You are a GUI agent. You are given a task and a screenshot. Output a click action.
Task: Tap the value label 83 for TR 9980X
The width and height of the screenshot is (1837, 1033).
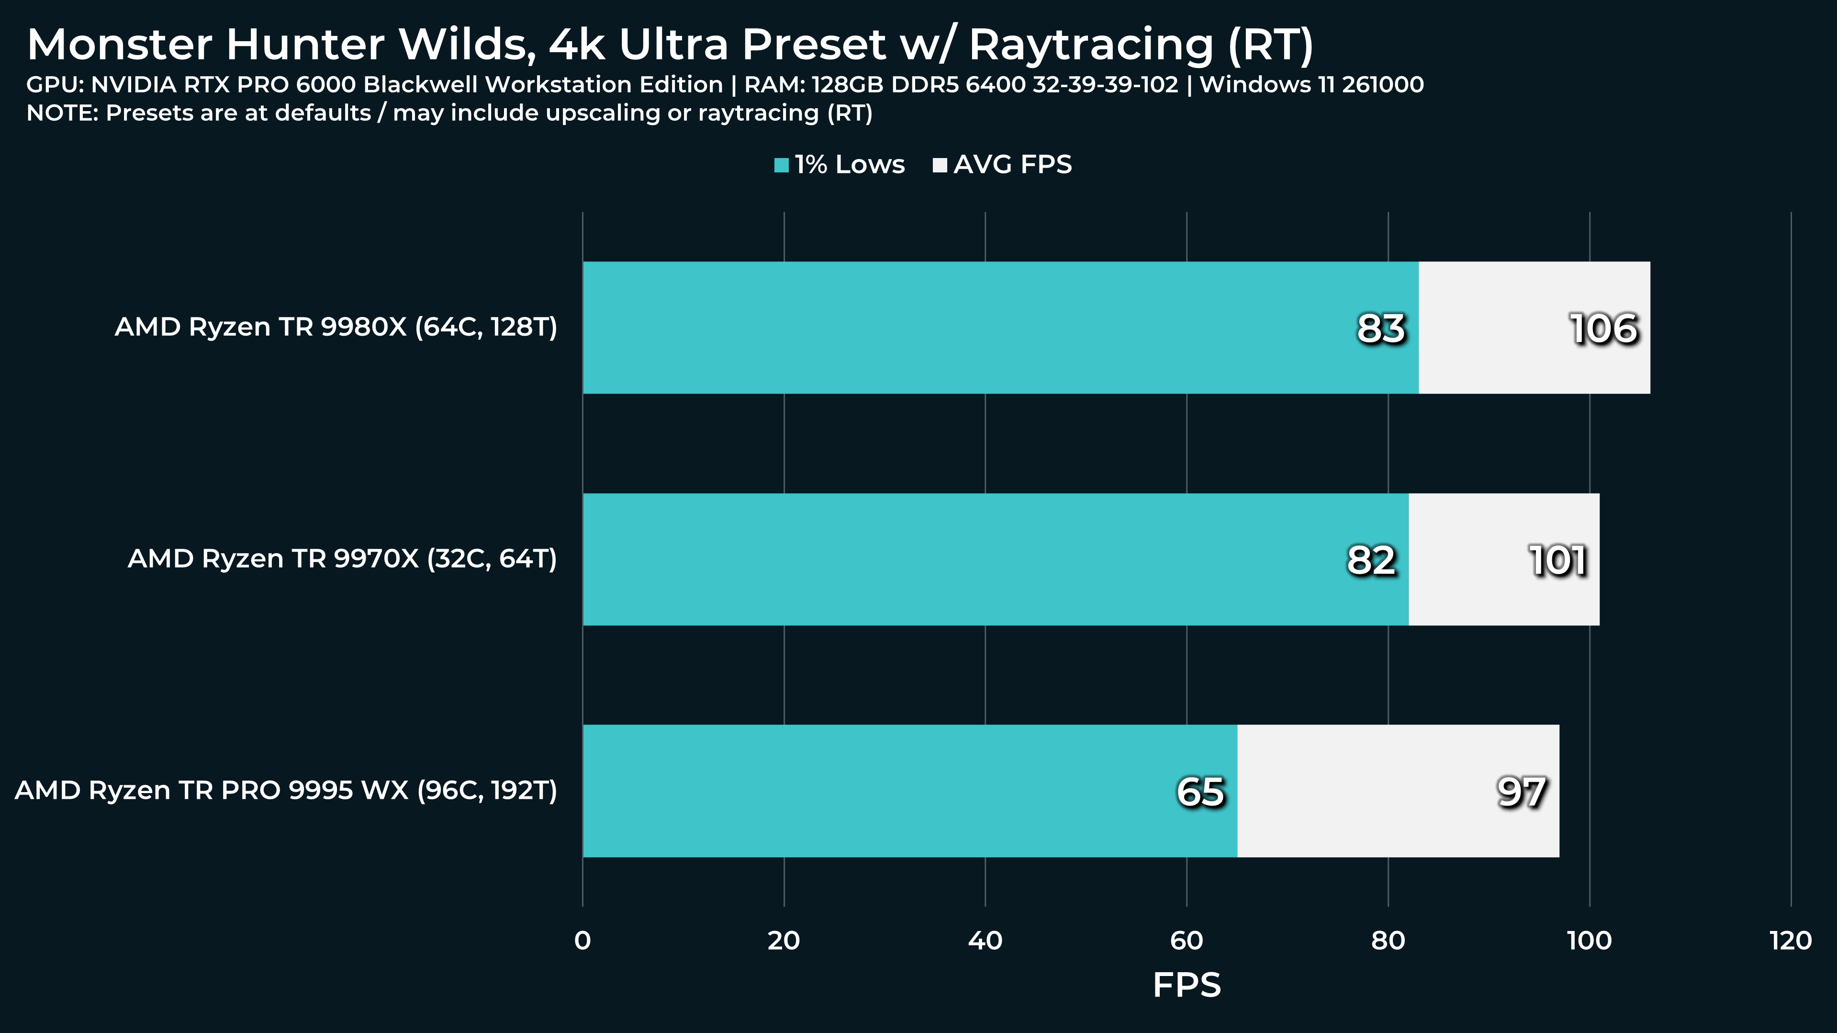[x=1380, y=329]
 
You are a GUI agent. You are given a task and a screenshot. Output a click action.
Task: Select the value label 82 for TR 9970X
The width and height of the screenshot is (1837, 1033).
[x=1371, y=561]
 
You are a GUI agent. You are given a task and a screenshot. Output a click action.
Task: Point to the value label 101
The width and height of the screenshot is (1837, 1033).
[x=1558, y=561]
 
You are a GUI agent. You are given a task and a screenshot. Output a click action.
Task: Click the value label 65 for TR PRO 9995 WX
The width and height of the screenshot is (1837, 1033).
[x=1200, y=792]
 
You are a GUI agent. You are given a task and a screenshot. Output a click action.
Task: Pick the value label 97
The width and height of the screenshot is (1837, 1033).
[x=1521, y=792]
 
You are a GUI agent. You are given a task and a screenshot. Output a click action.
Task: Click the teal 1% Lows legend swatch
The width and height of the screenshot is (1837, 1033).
[x=782, y=166]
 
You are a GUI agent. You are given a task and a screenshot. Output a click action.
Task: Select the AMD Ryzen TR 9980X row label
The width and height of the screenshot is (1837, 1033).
[x=336, y=327]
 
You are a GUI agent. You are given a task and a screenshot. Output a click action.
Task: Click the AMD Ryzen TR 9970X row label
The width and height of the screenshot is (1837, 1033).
[x=342, y=558]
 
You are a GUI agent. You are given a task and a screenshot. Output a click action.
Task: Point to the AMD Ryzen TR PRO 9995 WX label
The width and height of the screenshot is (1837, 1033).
[x=286, y=791]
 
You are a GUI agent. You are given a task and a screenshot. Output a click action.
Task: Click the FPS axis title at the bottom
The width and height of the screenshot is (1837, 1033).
[x=1187, y=985]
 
